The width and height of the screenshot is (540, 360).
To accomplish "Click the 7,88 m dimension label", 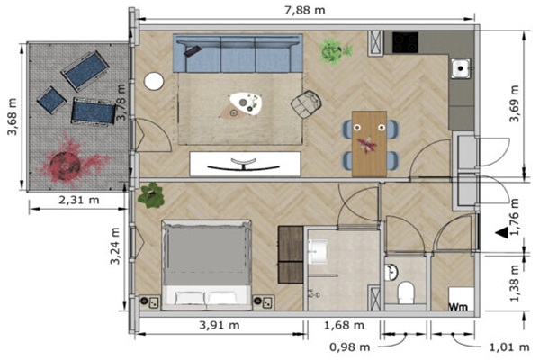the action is [305, 10].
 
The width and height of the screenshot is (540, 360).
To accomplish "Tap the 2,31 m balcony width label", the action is [79, 200].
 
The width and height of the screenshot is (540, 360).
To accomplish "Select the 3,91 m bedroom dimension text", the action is [220, 325].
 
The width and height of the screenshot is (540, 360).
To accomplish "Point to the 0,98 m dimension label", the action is [349, 347].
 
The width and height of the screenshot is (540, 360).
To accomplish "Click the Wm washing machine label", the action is [459, 306].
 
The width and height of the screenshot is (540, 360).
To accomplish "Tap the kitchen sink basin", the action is [461, 68].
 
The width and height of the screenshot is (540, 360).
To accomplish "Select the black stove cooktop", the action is [405, 42].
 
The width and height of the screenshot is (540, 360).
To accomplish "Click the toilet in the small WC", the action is [406, 292].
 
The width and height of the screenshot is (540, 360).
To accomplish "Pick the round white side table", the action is [154, 82].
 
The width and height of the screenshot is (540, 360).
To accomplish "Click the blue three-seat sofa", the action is [238, 53].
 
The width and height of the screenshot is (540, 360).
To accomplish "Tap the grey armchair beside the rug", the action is [306, 104].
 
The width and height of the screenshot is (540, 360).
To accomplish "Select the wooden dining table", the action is [369, 144].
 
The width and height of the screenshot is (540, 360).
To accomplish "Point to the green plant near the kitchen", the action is [334, 51].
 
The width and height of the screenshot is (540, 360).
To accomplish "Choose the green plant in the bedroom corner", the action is [151, 195].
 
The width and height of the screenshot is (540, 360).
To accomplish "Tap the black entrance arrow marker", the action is [503, 233].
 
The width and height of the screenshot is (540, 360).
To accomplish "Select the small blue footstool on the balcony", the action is [51, 100].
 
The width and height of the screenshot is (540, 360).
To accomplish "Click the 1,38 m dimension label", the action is [514, 283].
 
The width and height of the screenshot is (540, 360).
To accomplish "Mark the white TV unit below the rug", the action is [245, 164].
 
